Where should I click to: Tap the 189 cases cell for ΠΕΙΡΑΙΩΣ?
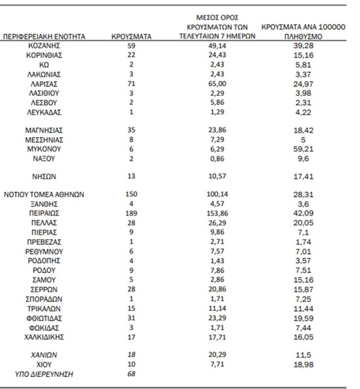coord(131,213)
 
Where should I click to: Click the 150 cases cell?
coord(131,194)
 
